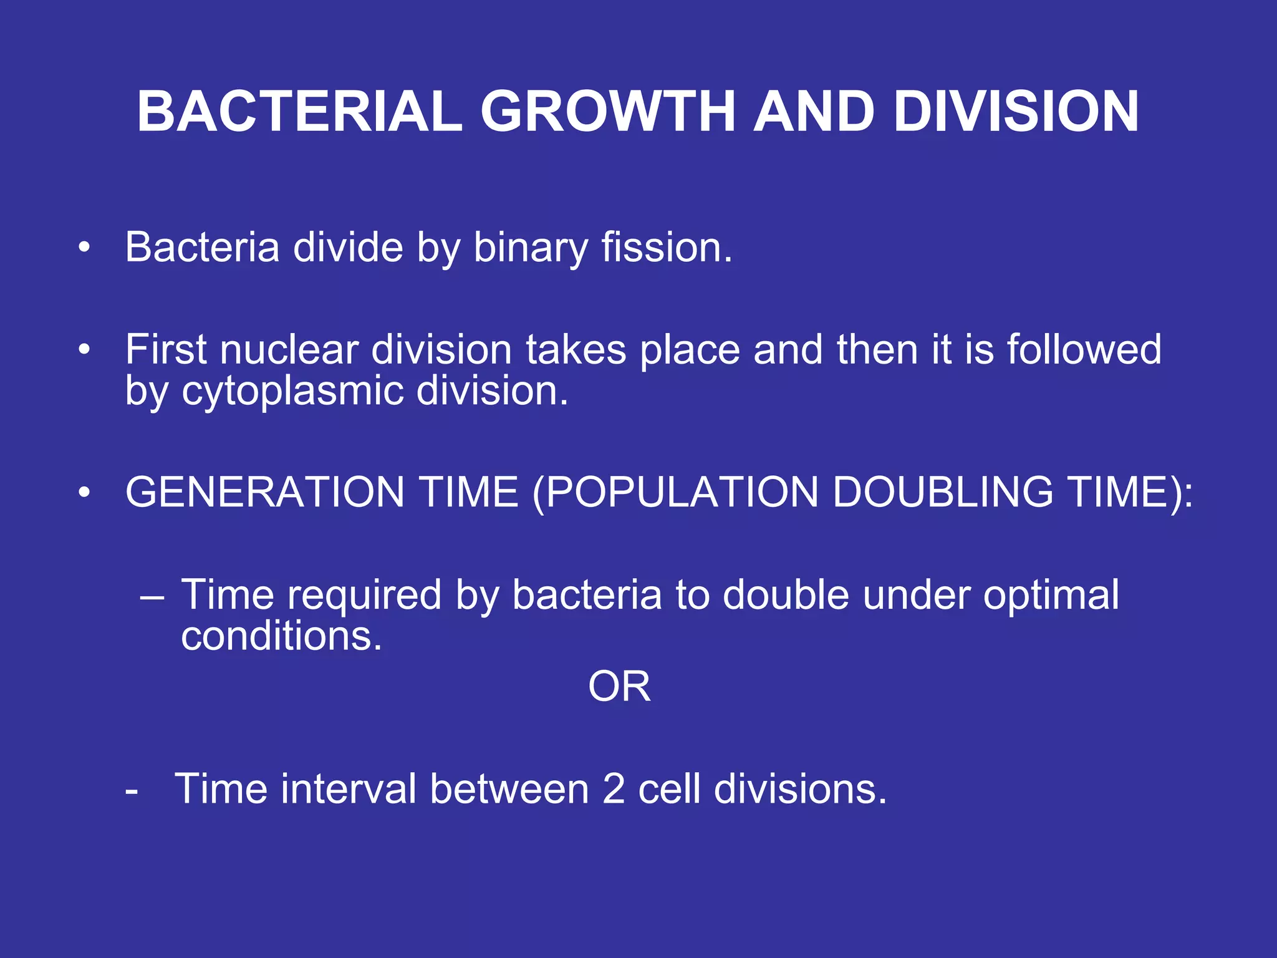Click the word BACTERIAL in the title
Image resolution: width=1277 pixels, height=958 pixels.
(299, 112)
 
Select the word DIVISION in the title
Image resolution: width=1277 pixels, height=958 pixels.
(1016, 112)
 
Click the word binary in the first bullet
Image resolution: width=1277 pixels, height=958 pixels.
(531, 248)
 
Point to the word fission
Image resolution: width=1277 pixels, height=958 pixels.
(666, 248)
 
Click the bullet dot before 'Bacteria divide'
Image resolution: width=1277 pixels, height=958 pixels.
(84, 248)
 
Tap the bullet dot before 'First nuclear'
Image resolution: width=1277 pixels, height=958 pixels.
(84, 349)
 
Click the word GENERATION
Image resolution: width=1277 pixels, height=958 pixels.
(265, 493)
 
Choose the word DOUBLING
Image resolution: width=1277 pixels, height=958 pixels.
(943, 493)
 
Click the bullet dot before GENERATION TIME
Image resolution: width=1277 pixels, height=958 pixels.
(84, 493)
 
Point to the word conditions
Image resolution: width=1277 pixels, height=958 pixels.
(281, 637)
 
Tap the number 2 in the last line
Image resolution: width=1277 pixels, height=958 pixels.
(614, 790)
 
